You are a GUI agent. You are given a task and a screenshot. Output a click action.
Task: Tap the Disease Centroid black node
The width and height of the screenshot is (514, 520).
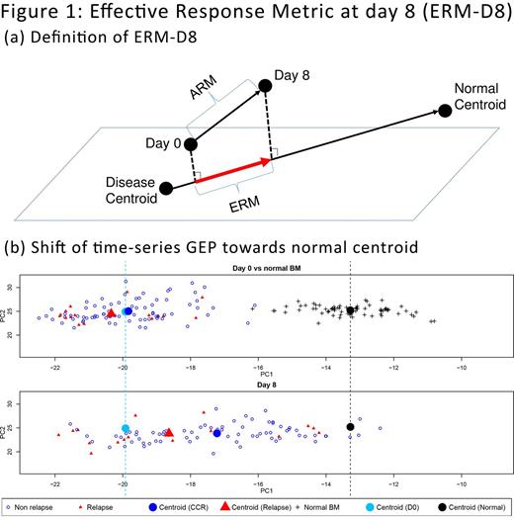165,188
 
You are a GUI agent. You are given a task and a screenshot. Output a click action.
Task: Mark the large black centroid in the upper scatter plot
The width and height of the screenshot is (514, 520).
351,310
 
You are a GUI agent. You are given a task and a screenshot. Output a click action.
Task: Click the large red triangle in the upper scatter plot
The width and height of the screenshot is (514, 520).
111,313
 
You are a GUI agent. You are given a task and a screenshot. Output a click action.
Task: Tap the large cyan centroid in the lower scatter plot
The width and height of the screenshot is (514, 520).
126,428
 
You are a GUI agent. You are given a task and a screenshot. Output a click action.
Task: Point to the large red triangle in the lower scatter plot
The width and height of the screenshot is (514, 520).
169,432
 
